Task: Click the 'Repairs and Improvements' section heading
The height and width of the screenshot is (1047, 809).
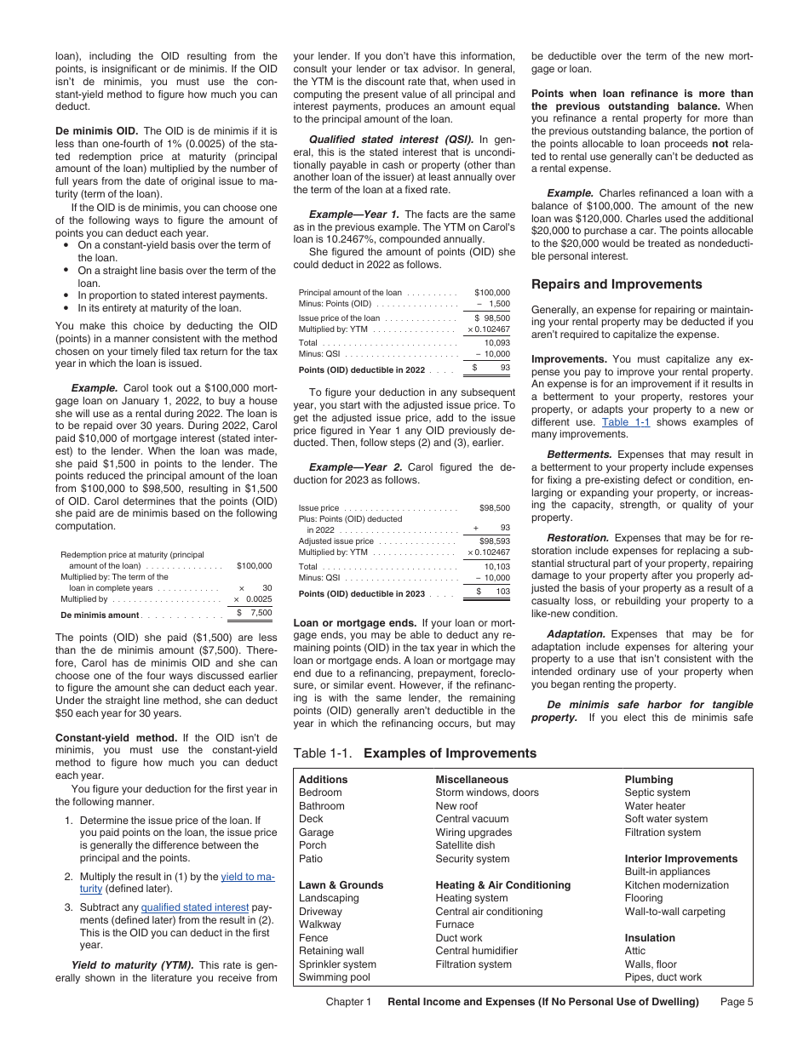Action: pyautogui.click(x=617, y=284)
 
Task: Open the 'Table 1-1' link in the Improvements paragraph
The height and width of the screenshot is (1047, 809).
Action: pyautogui.click(x=625, y=422)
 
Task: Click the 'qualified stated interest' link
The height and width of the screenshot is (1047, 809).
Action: pyautogui.click(x=195, y=907)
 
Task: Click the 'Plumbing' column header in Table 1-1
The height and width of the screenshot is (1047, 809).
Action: pyautogui.click(x=648, y=779)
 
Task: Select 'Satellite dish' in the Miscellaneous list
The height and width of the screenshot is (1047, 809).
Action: pyautogui.click(x=464, y=845)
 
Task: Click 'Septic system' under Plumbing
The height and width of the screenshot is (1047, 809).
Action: pyautogui.click(x=657, y=792)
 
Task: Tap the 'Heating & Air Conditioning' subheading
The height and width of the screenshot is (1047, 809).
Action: pyautogui.click(x=502, y=885)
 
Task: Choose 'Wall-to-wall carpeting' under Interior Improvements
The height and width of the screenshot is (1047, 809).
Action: pyautogui.click(x=674, y=912)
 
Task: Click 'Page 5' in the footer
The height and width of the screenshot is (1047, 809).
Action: pyautogui.click(x=737, y=1002)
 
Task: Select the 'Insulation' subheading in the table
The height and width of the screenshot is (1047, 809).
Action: pyautogui.click(x=650, y=938)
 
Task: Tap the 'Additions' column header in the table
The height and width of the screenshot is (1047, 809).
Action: pyautogui.click(x=324, y=779)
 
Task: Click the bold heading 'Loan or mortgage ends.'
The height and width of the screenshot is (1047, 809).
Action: pyautogui.click(x=354, y=622)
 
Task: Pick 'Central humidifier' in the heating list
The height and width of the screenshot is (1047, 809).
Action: pyautogui.click(x=476, y=951)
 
